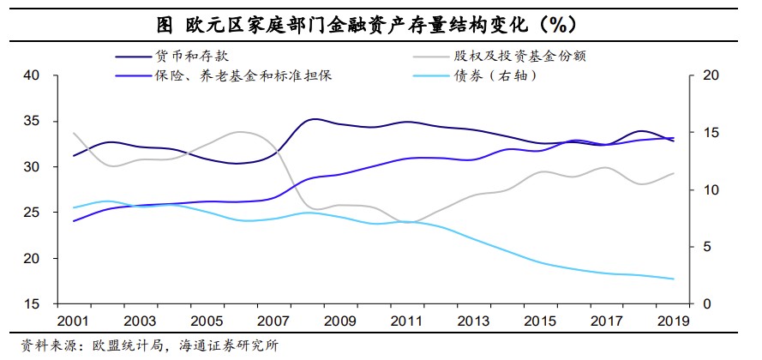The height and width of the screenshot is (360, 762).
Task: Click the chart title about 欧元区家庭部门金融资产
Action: [380, 22]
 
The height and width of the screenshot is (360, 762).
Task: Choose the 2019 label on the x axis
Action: [669, 322]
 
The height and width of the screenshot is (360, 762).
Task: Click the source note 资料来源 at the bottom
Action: [140, 346]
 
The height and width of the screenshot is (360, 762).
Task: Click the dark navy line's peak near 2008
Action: [315, 119]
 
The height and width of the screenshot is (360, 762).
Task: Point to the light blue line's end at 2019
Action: [673, 279]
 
